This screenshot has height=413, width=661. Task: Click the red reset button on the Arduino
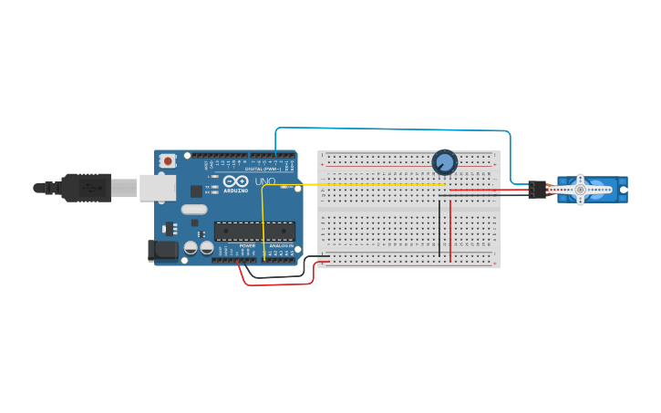(x=168, y=160)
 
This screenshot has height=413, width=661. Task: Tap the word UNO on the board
(x=264, y=182)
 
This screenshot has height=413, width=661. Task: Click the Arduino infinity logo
(x=235, y=181)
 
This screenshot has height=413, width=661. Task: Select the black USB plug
(x=87, y=187)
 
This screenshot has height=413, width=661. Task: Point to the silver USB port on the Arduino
(x=157, y=187)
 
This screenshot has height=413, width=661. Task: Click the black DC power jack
(x=163, y=250)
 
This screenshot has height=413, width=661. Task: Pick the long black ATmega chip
(x=254, y=232)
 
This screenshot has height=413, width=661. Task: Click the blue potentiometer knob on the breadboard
(x=444, y=162)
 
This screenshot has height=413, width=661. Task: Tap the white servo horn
(x=580, y=189)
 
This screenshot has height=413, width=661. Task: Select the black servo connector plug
(x=536, y=190)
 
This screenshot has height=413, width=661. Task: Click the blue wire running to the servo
(x=392, y=129)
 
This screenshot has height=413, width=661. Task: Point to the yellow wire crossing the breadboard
(x=365, y=184)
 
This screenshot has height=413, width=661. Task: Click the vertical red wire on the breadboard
(x=449, y=228)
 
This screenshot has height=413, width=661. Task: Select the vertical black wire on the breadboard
(x=439, y=228)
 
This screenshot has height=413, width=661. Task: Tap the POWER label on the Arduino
(x=247, y=246)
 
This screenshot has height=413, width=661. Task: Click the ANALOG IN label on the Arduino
(x=280, y=246)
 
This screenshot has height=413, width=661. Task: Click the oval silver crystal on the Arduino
(x=194, y=209)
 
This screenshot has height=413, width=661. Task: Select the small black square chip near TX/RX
(x=196, y=191)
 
